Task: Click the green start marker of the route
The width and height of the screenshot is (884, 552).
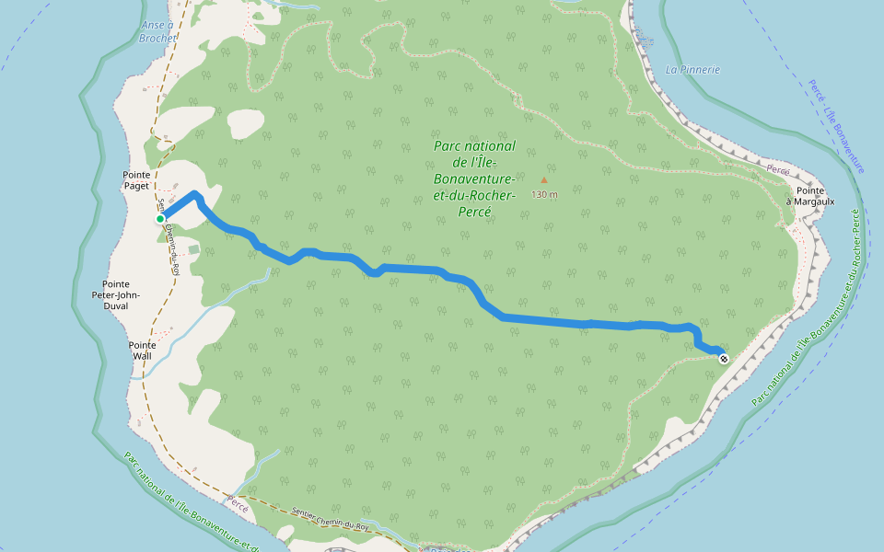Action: [x=160, y=218]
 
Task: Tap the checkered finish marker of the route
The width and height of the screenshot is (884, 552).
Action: [x=723, y=358]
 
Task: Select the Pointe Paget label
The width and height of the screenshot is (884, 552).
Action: [x=136, y=179]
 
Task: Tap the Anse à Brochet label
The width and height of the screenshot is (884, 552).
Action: [x=157, y=32]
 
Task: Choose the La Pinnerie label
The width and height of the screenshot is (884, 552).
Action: [x=692, y=69]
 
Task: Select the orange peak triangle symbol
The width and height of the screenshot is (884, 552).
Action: [x=543, y=180]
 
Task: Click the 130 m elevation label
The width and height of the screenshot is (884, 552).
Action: [x=544, y=194]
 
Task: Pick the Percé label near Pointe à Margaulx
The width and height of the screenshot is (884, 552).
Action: [x=779, y=171]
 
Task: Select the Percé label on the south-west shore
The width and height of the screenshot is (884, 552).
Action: [x=238, y=507]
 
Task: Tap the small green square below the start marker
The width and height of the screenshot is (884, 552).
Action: [x=193, y=248]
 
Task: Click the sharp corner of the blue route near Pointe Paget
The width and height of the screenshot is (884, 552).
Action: [x=195, y=194]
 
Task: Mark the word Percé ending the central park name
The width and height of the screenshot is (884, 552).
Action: [x=473, y=211]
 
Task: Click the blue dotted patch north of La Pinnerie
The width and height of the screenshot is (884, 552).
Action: [x=643, y=38]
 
